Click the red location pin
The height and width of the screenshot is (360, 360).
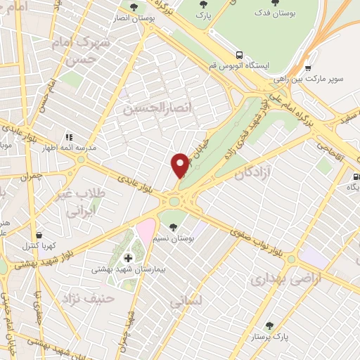(x=180, y=165)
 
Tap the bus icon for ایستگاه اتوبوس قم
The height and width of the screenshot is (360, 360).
(x=240, y=54)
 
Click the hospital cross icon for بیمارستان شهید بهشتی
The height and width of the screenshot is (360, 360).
(x=128, y=257)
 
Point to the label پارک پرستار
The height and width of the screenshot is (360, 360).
(x=269, y=338)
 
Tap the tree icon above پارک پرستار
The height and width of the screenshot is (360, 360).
(x=269, y=326)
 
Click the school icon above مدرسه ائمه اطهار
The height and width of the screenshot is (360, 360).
(x=69, y=136)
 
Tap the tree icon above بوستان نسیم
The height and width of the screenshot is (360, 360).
(x=173, y=226)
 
